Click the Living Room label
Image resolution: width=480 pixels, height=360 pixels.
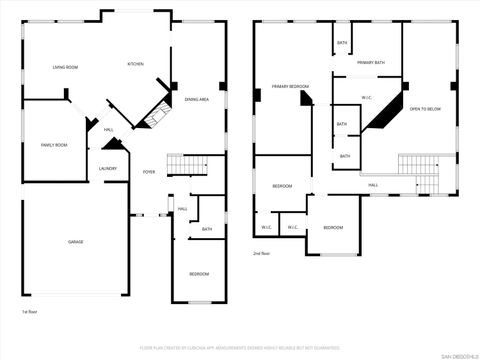pyautogui.click(x=65, y=67)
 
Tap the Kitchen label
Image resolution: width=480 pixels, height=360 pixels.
pyautogui.click(x=135, y=64)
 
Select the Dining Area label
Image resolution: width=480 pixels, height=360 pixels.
pyautogui.click(x=196, y=99)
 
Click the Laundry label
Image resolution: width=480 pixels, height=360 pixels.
pyautogui.click(x=107, y=169)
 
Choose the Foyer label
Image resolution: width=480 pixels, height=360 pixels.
pyautogui.click(x=149, y=172)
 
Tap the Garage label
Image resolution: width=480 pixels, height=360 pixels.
pyautogui.click(x=75, y=243)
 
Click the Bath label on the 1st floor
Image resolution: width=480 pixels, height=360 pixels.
pyautogui.click(x=207, y=229)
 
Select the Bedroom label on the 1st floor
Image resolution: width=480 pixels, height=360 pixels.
pyautogui.click(x=199, y=274)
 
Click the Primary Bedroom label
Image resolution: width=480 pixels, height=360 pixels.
pyautogui.click(x=290, y=87)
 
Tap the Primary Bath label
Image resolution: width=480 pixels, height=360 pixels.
pyautogui.click(x=371, y=62)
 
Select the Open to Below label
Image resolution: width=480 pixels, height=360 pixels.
pyautogui.click(x=425, y=108)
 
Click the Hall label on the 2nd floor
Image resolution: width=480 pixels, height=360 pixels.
pyautogui.click(x=373, y=185)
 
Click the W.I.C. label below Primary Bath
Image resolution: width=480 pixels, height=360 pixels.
pyautogui.click(x=366, y=97)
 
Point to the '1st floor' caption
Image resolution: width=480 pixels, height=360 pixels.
pyautogui.click(x=30, y=312)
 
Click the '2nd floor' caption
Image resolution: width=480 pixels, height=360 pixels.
pyautogui.click(x=263, y=254)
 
